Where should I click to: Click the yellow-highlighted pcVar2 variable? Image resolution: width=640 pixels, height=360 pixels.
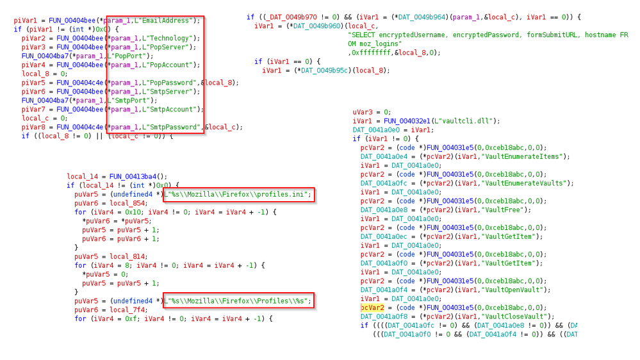click(372, 307)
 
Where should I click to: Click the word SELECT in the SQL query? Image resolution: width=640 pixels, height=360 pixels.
click(361, 34)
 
